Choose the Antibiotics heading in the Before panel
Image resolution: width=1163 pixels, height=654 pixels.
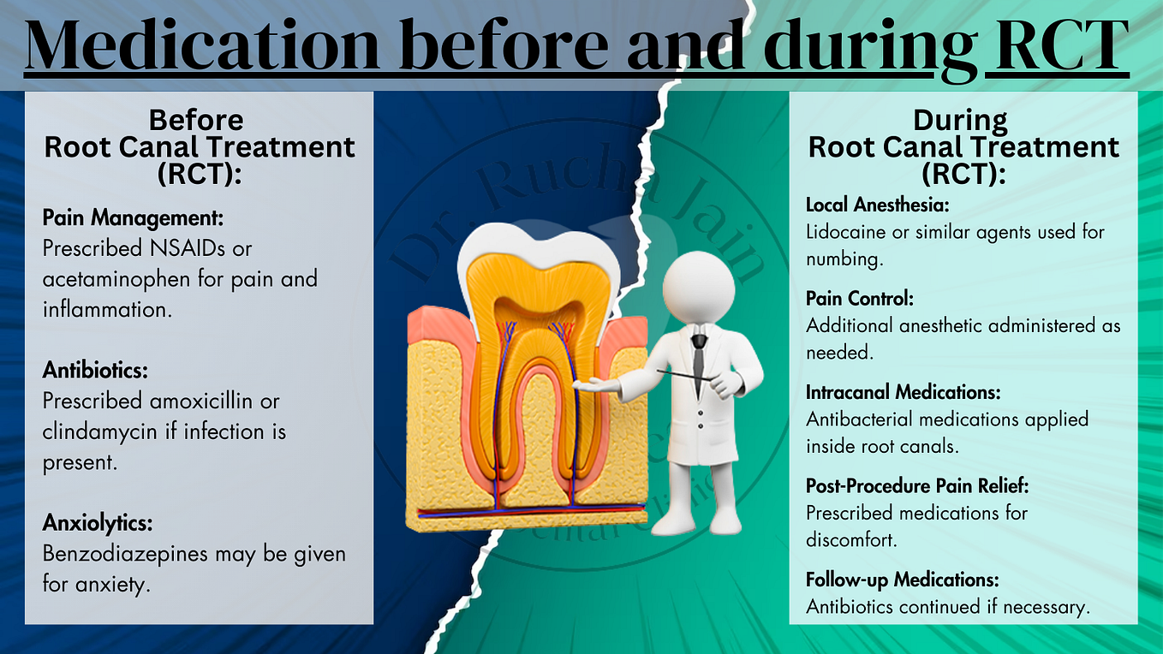[96, 371]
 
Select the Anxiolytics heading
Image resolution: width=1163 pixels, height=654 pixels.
[98, 523]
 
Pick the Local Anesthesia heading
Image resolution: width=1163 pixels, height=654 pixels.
[877, 205]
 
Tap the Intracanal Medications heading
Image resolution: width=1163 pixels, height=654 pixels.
[904, 392]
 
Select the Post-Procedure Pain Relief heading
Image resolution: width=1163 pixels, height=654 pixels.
[916, 485]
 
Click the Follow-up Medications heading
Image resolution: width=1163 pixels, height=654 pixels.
[902, 580]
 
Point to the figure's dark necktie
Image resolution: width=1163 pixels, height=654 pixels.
[699, 355]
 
